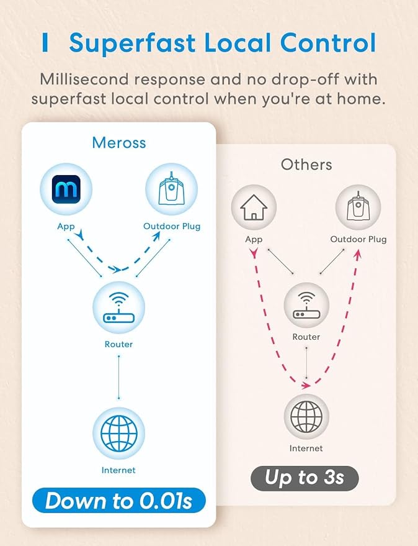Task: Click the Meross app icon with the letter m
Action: point(66,189)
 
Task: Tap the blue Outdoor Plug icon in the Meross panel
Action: point(171,189)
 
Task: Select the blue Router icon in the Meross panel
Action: point(118,307)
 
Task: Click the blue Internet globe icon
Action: point(118,433)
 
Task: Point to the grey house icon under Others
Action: point(254,207)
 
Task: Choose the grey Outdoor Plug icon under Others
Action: point(358,207)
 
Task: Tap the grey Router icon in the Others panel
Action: point(306,306)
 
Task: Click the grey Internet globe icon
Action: point(306,416)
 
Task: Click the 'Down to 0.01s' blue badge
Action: point(119,501)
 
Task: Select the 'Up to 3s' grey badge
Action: point(305,478)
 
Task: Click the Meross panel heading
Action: point(119,143)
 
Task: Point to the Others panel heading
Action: point(306,165)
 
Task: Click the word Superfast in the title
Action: point(132,43)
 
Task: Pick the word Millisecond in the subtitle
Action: point(84,80)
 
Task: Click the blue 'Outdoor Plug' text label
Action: point(172,226)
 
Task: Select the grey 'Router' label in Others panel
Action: point(306,337)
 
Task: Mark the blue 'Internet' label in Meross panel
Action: point(118,470)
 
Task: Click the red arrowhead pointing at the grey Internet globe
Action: point(306,385)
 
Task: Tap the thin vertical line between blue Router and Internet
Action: point(119,377)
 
